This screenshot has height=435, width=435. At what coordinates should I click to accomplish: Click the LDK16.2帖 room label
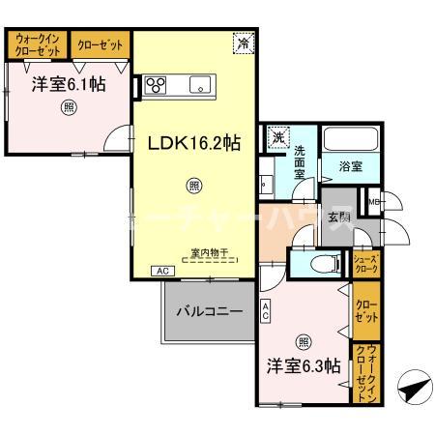coord(193,142)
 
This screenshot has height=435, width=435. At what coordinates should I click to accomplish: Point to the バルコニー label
coord(209,312)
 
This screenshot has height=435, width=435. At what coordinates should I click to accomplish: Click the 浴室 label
coord(351,166)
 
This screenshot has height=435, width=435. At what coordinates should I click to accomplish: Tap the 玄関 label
coord(338,216)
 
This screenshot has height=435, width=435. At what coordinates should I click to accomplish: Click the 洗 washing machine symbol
coord(278,136)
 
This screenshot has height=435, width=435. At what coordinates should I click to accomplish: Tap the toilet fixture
coord(324,262)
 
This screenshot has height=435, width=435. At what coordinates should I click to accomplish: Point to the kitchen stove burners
coord(157,84)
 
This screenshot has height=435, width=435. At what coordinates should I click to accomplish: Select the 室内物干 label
coord(209,254)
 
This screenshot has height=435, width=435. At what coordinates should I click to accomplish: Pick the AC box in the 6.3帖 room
coord(266,311)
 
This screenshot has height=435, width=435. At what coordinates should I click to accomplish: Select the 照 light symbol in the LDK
coord(194,185)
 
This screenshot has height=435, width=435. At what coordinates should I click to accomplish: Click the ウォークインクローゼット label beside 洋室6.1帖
coord(36,44)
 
